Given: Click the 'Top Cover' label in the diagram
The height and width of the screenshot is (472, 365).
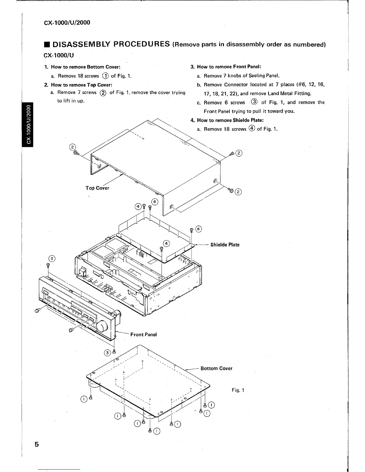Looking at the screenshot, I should point(97,188).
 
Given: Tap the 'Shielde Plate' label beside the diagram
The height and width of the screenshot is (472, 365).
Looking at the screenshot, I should point(225,245).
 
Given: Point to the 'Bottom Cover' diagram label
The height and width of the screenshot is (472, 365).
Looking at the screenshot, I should point(216,368).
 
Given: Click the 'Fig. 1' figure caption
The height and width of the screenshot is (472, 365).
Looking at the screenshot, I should point(238,390).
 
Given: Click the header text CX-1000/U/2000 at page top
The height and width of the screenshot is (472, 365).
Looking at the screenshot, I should point(67,23).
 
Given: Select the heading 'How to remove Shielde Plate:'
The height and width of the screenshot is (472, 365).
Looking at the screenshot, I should point(230,120).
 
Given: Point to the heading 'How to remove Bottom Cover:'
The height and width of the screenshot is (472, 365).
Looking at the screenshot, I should point(86,67).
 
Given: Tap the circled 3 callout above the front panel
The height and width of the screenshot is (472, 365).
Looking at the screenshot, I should point(52,258).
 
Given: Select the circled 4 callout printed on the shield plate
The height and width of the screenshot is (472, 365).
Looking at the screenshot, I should point(167,243).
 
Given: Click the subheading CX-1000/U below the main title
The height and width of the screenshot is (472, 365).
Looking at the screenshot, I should point(59,55).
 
